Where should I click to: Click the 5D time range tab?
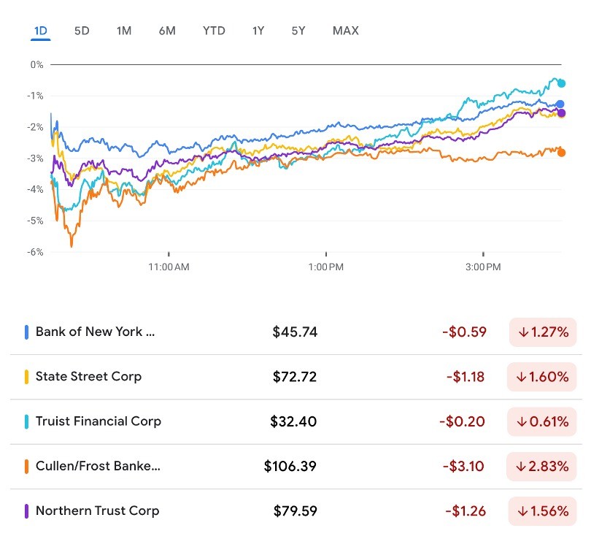pyautogui.click(x=82, y=31)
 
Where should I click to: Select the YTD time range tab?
pyautogui.click(x=214, y=31)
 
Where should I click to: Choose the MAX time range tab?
pyautogui.click(x=345, y=31)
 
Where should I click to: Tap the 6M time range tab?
pyautogui.click(x=167, y=31)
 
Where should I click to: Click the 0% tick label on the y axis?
pyautogui.click(x=36, y=64)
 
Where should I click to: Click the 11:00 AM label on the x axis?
pyautogui.click(x=169, y=267)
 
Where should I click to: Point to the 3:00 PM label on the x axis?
pyautogui.click(x=483, y=267)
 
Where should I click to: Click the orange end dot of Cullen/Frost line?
pyautogui.click(x=561, y=153)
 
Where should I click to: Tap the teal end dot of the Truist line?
pyautogui.click(x=561, y=83)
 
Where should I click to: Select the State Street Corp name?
pyautogui.click(x=88, y=377)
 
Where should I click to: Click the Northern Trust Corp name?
pyautogui.click(x=97, y=511)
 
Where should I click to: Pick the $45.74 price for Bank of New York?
pyautogui.click(x=295, y=332)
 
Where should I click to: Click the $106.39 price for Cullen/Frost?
pyautogui.click(x=290, y=466)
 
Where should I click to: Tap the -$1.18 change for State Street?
pyautogui.click(x=466, y=377)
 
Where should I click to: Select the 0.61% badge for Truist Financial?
pyautogui.click(x=542, y=421)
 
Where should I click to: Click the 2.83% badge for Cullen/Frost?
pyautogui.click(x=542, y=466)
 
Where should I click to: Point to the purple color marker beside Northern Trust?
pyautogui.click(x=26, y=511)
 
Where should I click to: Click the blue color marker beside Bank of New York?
pyautogui.click(x=26, y=332)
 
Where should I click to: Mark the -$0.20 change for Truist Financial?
pyautogui.click(x=463, y=421)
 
